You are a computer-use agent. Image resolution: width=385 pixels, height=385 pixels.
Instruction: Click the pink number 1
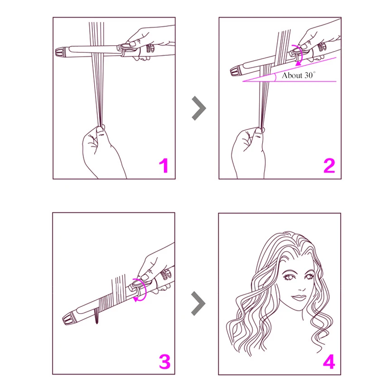[x=164, y=165]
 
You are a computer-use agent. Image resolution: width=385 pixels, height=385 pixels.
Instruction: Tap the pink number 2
[x=329, y=165]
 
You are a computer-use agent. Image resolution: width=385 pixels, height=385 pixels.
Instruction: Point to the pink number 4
[x=329, y=362]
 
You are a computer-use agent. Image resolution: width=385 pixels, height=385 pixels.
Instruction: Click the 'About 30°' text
[x=298, y=75]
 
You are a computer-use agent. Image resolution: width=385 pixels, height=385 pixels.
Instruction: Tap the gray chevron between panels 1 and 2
[x=199, y=108]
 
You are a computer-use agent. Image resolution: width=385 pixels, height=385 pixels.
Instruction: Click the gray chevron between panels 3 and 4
[x=198, y=303]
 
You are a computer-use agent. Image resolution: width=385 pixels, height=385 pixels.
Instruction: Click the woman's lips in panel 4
[x=298, y=298]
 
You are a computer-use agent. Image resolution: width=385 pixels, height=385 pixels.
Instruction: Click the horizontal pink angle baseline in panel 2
[x=289, y=81]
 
